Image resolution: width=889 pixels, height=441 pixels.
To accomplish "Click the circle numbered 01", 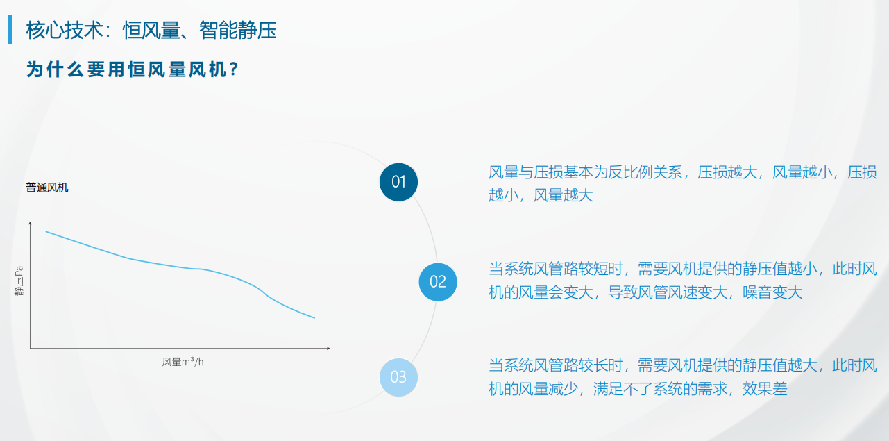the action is pos(398,182).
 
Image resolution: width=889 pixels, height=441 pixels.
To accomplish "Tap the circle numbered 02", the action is pos(438,282).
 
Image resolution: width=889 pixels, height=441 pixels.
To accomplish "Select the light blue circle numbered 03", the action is pos(398,377).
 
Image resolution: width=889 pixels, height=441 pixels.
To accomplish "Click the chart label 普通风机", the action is pos(46,188).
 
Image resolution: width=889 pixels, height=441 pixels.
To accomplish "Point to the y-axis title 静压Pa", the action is pos(19,281).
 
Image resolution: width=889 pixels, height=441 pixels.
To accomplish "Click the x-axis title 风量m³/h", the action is pos(183,362).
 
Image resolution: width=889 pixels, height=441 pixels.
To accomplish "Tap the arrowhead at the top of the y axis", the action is pos(30,224).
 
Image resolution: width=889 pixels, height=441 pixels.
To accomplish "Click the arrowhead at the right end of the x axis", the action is pos(328,348).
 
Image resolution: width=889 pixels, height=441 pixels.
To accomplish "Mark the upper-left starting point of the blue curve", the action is pos(46,231).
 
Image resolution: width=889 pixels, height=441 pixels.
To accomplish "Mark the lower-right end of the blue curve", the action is pos(314,318).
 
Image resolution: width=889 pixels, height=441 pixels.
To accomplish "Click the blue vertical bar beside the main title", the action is pos(10,29).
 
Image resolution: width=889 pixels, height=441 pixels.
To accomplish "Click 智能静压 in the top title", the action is pos(238,30).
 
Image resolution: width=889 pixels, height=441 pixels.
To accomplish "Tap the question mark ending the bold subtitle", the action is pos(234,69).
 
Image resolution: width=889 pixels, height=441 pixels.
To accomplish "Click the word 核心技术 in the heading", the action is pos(65,30).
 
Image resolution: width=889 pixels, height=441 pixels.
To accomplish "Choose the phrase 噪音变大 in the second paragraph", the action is pos(772,292).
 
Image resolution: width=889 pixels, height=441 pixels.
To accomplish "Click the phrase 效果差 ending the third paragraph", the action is pos(765,388).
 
